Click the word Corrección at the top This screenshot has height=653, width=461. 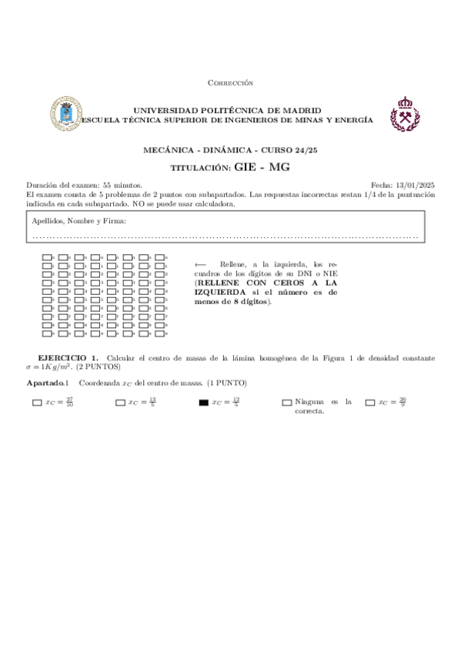point(230,83)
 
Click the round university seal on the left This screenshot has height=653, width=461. point(62,113)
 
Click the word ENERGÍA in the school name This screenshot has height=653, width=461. point(352,120)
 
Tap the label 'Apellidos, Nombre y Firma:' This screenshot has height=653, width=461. point(79,221)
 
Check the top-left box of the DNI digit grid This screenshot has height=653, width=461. point(46,257)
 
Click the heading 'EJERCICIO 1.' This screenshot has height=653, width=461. point(68,358)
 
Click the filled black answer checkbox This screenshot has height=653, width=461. point(203,402)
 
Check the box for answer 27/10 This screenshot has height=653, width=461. point(37,402)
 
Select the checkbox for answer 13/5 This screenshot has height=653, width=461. point(120,402)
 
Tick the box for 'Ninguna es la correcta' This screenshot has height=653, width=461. point(287,402)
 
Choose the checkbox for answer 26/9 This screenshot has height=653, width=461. point(370,402)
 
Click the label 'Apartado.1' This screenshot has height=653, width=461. point(48,383)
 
